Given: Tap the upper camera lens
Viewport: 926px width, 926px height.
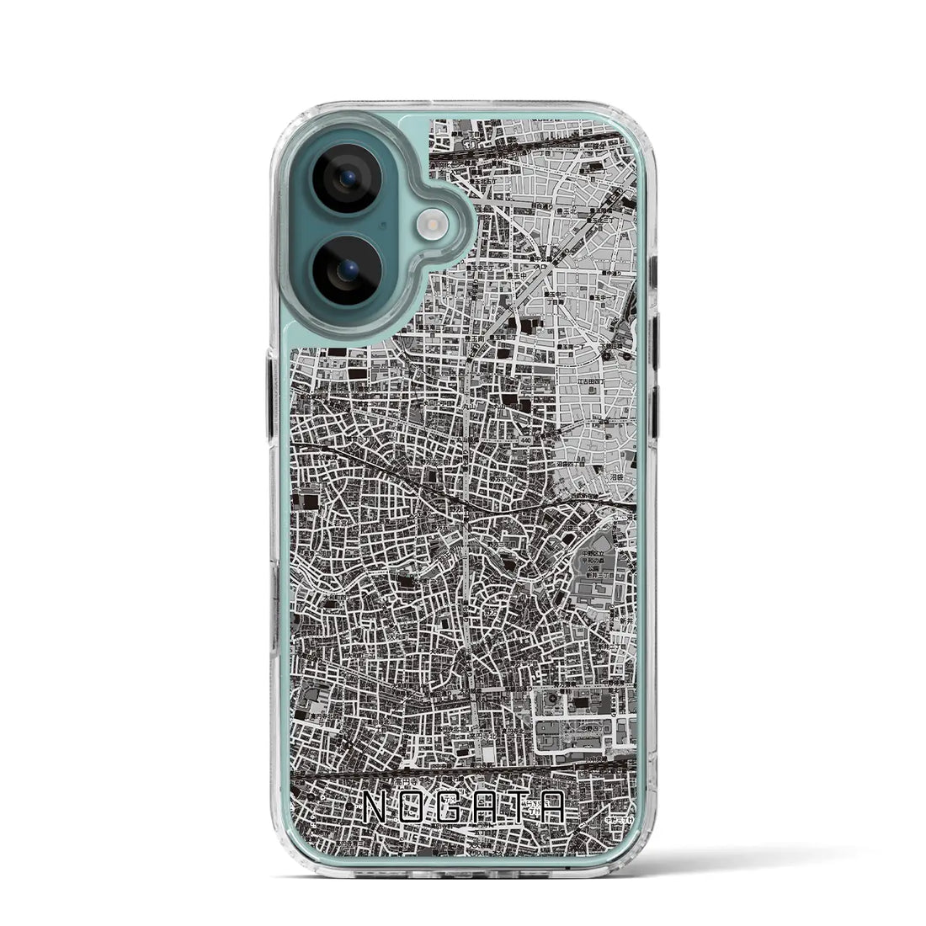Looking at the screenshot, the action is (346, 178).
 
